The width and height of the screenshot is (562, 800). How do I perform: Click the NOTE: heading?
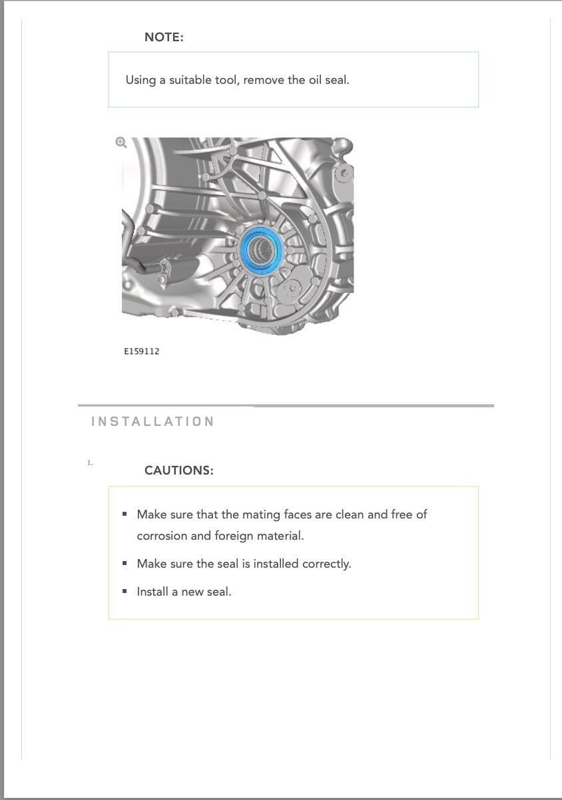pyautogui.click(x=164, y=37)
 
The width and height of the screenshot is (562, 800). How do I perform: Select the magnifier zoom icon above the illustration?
pyautogui.click(x=121, y=142)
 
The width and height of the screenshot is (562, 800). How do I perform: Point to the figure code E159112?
pyautogui.click(x=142, y=351)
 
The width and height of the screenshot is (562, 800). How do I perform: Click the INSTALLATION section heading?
pyautogui.click(x=153, y=421)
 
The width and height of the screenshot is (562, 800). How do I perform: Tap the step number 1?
pyautogui.click(x=90, y=463)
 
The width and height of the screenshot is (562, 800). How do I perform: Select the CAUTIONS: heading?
pyautogui.click(x=179, y=471)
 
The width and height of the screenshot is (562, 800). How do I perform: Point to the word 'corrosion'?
pyautogui.click(x=162, y=536)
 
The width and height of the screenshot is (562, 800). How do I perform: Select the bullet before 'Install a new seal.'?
pyautogui.click(x=125, y=591)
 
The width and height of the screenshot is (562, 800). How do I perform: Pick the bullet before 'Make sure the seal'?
pyautogui.click(x=125, y=563)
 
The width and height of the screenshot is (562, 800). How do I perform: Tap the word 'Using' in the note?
pyautogui.click(x=140, y=80)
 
